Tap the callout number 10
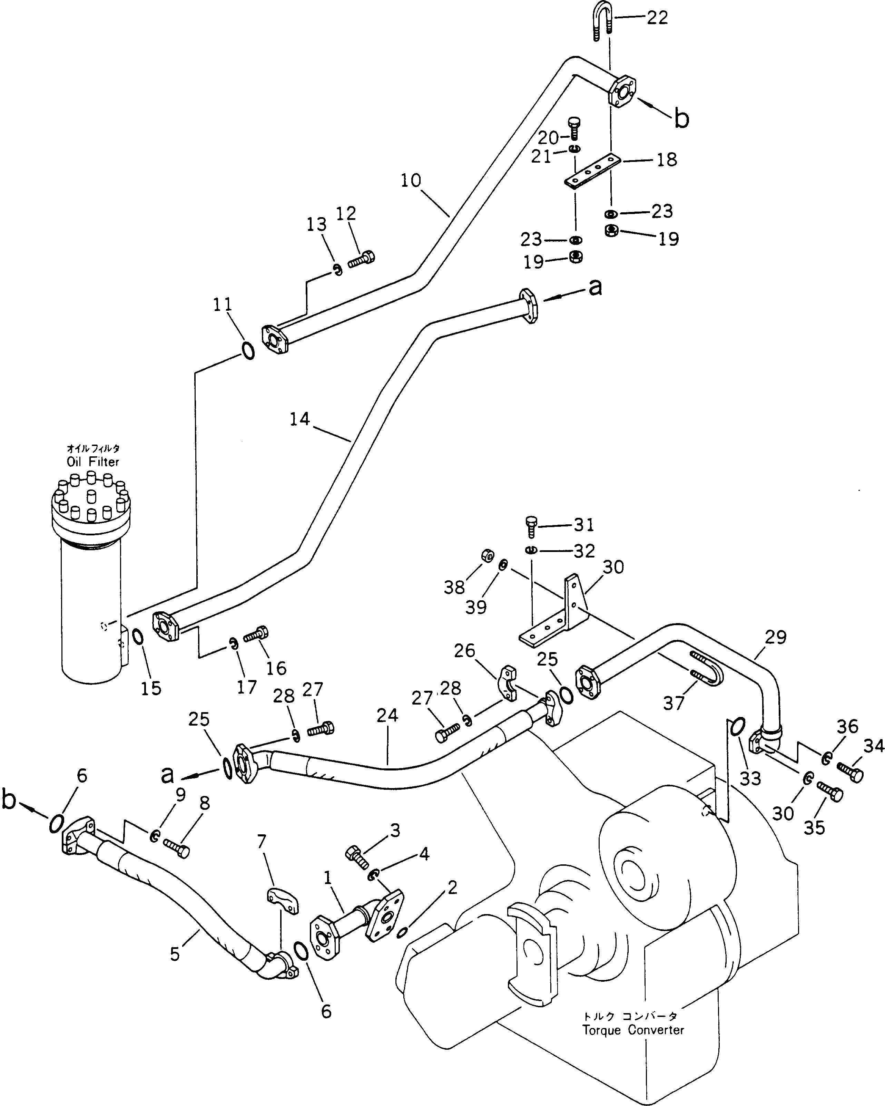pos(411,181)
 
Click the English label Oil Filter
pos(93,462)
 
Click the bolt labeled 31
pos(532,527)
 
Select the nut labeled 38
pos(487,555)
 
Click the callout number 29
pos(775,637)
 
